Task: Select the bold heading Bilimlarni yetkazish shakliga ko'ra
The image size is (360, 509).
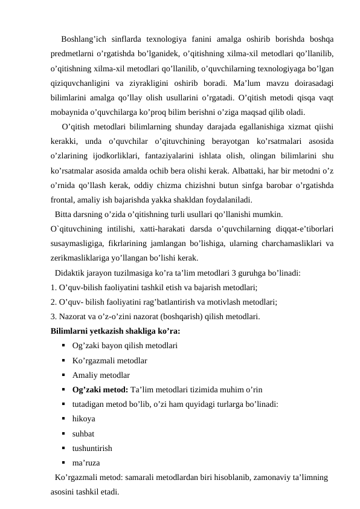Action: coord(115,331)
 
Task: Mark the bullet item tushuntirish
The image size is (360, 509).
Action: coord(91,448)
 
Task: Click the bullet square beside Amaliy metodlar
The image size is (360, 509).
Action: coord(63,375)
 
